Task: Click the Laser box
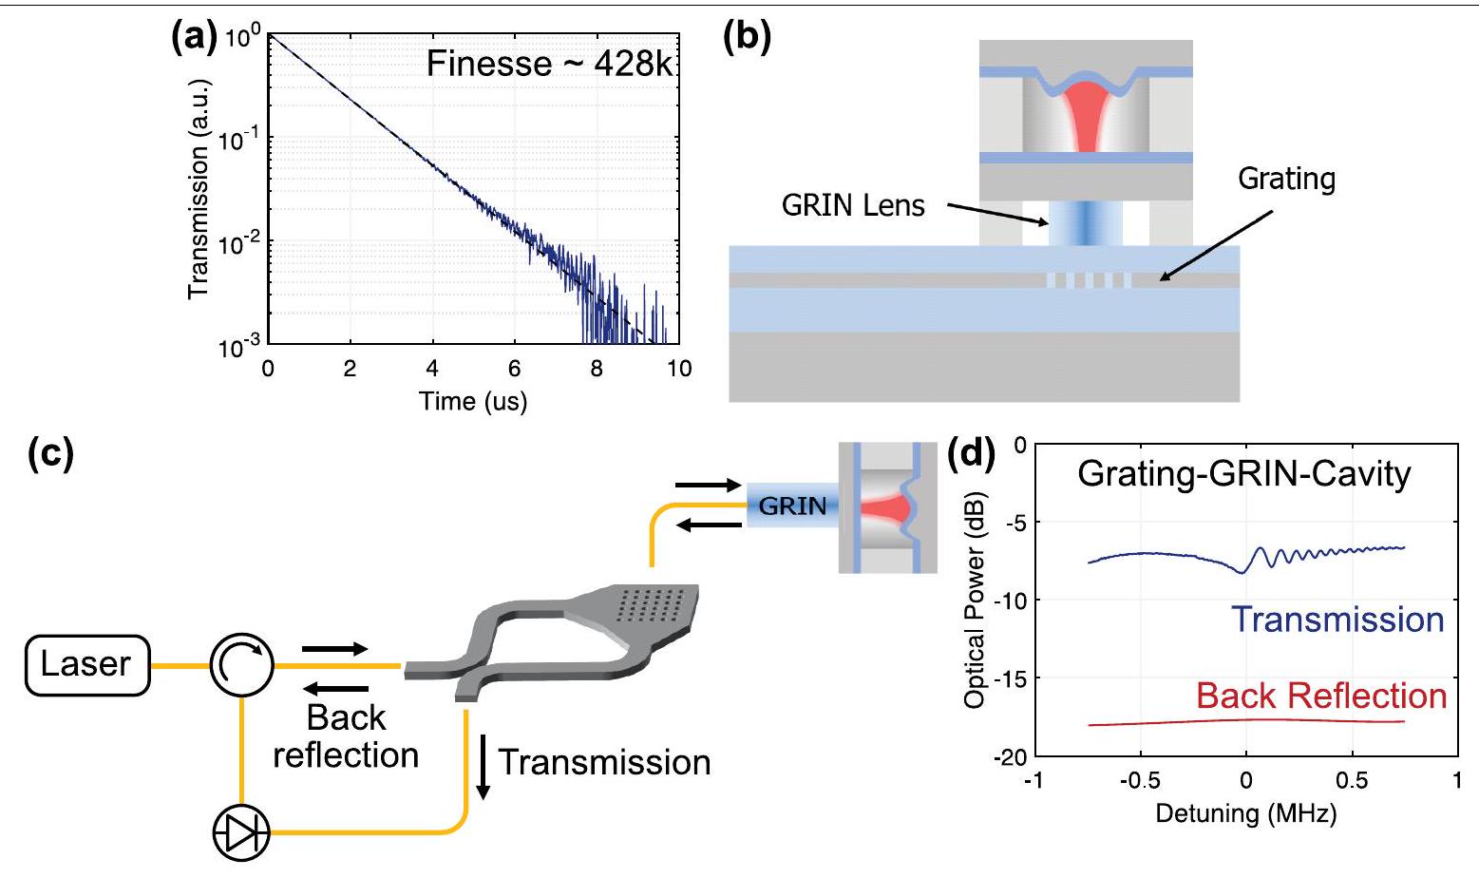pos(86,664)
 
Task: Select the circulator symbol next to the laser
pos(242,664)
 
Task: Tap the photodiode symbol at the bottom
pos(240,833)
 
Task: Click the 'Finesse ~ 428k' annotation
pos(548,64)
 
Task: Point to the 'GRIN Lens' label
pos(852,205)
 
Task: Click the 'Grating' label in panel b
pos(1286,179)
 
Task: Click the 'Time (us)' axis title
pos(473,400)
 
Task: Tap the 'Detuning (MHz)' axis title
pos(1245,813)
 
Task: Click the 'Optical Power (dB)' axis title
pos(974,600)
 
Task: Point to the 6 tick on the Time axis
pos(514,369)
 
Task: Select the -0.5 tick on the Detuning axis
pos(1139,780)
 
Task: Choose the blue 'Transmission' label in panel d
pos(1337,620)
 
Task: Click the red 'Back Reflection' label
pos(1320,696)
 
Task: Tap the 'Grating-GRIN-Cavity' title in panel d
pos(1243,473)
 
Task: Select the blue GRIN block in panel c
pos(791,506)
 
